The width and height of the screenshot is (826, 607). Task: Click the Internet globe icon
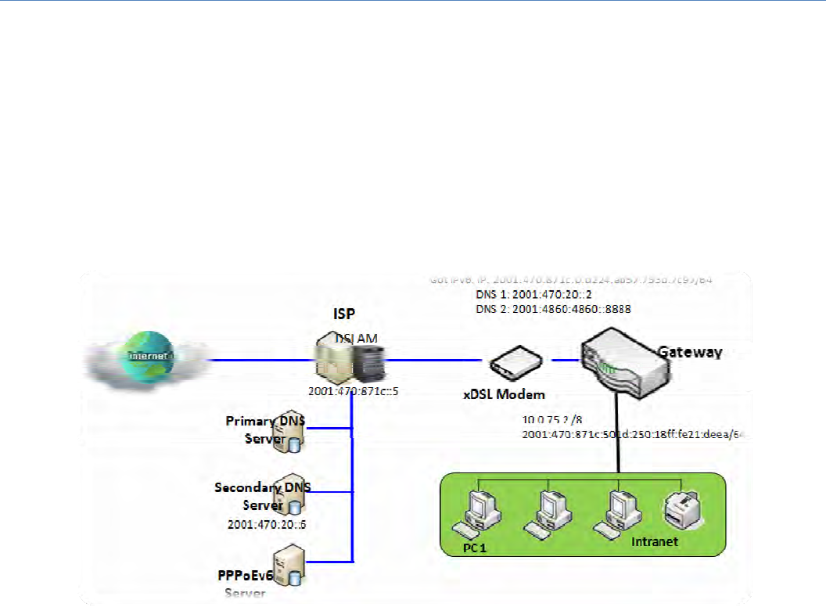tap(149, 359)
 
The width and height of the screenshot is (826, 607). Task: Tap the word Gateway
tap(688, 352)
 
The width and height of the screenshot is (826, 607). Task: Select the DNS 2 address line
tap(553, 309)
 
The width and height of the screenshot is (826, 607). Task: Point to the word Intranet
tap(655, 541)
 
